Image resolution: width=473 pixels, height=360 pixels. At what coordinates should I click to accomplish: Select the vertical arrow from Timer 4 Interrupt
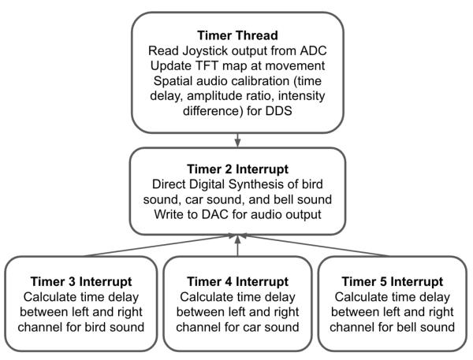click(238, 246)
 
